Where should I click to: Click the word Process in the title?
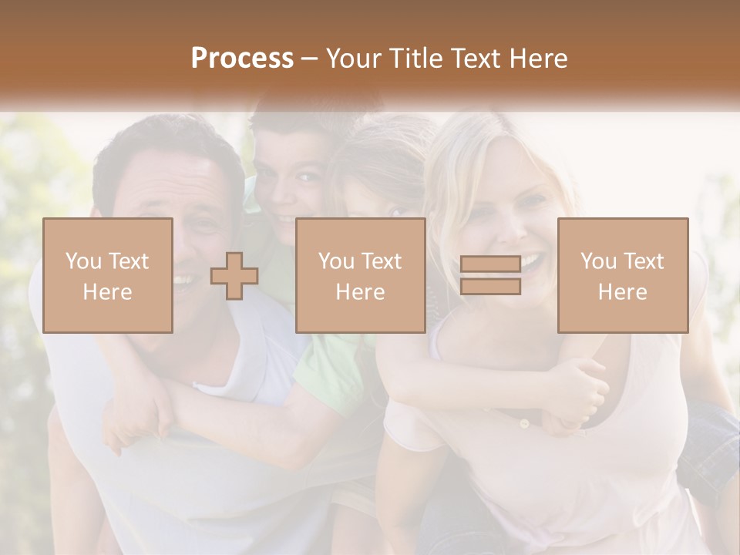click(242, 59)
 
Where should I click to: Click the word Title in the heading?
click(415, 59)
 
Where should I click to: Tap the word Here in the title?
click(539, 59)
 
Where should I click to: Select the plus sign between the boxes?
click(234, 276)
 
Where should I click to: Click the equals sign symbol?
click(490, 275)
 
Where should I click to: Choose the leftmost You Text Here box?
click(107, 275)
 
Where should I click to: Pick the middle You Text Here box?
click(360, 275)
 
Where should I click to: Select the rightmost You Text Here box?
click(622, 275)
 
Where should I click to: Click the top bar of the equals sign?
click(490, 264)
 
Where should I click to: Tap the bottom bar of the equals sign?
click(490, 287)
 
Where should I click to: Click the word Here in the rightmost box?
click(622, 292)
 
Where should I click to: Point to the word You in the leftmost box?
click(82, 261)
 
